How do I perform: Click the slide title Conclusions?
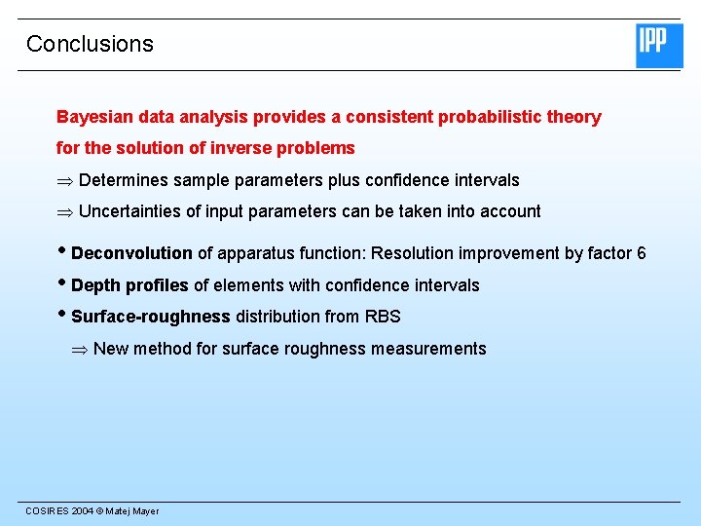click(90, 44)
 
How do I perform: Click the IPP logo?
click(659, 46)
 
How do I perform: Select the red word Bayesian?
click(92, 118)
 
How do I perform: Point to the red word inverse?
click(225, 149)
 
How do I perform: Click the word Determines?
click(124, 180)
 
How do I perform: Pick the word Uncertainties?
click(132, 211)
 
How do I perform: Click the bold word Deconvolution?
click(131, 253)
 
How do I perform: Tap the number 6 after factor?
click(641, 253)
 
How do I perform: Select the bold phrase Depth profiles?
click(129, 285)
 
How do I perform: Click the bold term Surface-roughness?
click(151, 317)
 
